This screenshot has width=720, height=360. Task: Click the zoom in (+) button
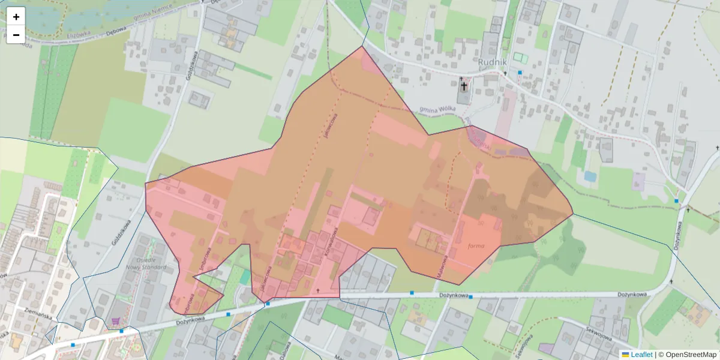point(16,17)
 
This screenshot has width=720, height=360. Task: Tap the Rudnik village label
point(493,62)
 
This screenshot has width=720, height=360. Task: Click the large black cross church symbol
point(464,86)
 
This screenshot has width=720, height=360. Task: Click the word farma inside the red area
point(475,246)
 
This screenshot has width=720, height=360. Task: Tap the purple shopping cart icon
point(115,322)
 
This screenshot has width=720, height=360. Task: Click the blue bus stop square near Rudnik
point(520,73)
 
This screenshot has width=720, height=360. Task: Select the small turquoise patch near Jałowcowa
point(245,277)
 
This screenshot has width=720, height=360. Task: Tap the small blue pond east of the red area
point(590,177)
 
